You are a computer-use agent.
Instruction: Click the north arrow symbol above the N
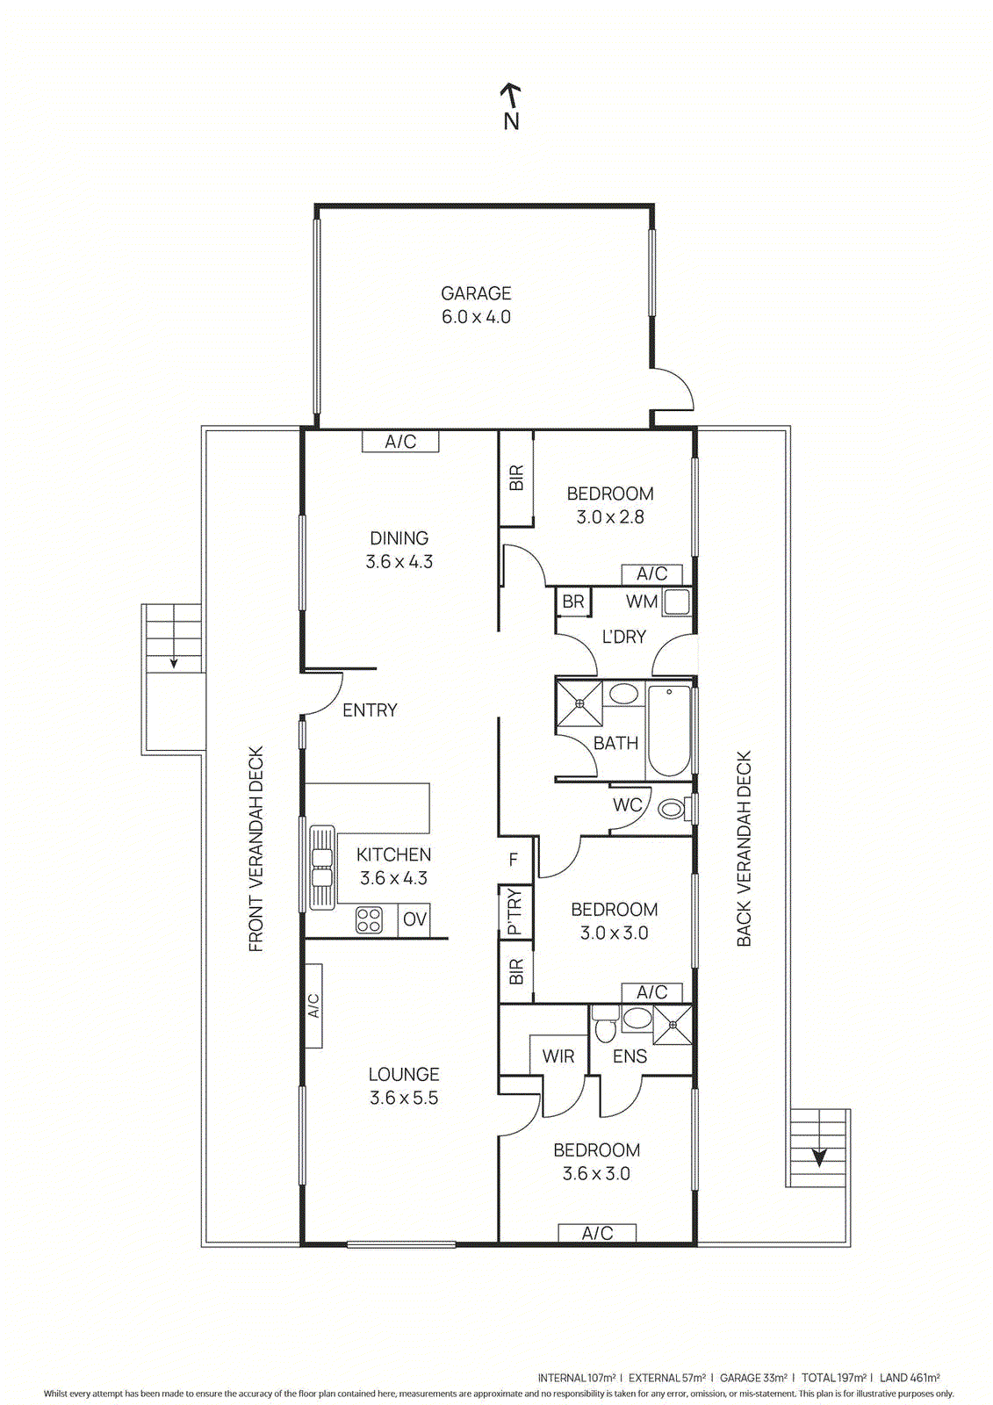pos(510,92)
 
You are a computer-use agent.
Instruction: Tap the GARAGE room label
pos(476,293)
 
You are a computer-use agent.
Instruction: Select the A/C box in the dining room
pos(400,441)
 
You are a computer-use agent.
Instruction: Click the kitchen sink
pos(322,868)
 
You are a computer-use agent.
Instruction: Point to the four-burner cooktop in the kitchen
pos(369,920)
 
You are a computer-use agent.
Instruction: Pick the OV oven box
pos(414,919)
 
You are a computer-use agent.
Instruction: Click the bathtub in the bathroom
pos(669,731)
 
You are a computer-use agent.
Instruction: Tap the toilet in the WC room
pos(673,809)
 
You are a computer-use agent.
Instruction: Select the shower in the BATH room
pos(579,703)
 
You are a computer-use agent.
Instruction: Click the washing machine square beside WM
pos(676,602)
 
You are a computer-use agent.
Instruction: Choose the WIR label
pos(558,1056)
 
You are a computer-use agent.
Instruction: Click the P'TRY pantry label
pos(514,912)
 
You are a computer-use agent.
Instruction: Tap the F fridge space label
pos(514,860)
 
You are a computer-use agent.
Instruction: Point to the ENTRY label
pos(370,710)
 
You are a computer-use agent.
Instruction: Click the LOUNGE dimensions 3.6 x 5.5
pos(404,1098)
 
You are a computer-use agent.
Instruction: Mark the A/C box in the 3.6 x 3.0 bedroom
pos(597,1233)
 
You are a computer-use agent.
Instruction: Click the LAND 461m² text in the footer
pos(910,1378)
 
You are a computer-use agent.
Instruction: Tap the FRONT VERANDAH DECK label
pos(255,849)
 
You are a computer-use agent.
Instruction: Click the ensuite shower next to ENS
pos(673,1025)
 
